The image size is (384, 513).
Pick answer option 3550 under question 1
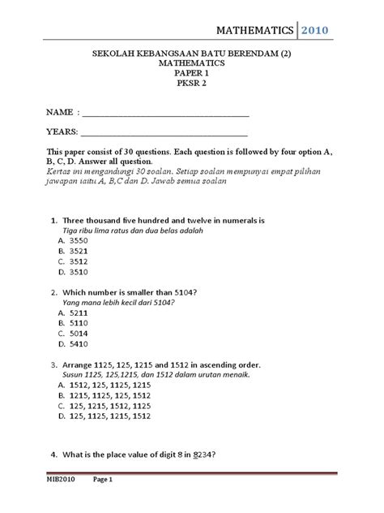[x=78, y=241]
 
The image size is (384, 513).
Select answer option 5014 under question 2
[x=78, y=334]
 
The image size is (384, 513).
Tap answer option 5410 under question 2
[x=78, y=345]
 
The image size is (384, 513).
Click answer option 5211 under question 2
[x=78, y=312]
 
